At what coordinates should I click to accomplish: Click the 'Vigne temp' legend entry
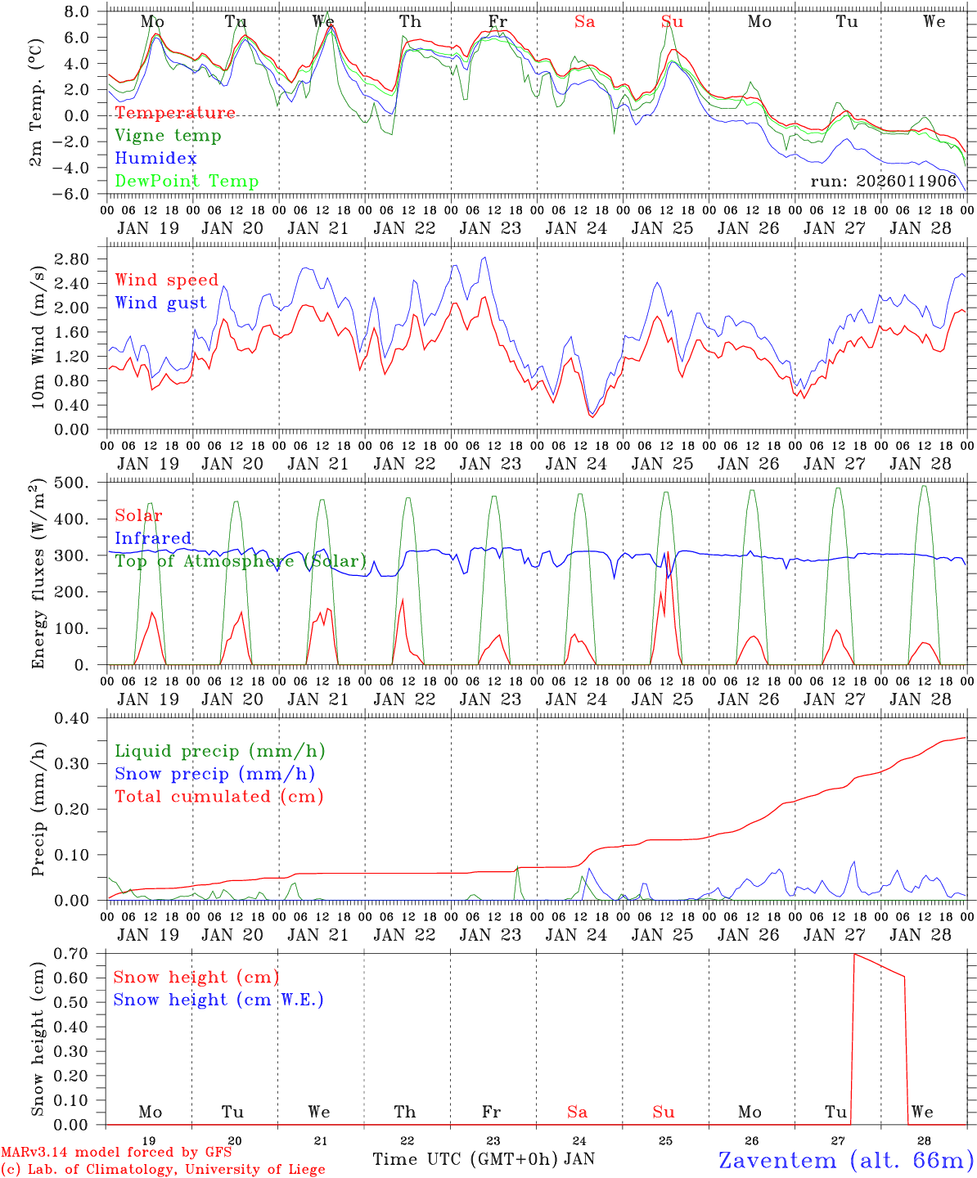pyautogui.click(x=168, y=136)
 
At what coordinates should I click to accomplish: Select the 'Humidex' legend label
pyautogui.click(x=155, y=159)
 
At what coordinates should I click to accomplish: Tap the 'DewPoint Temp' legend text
pyautogui.click(x=187, y=182)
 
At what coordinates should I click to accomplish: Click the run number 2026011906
pyautogui.click(x=883, y=182)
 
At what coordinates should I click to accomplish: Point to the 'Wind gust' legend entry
pyautogui.click(x=160, y=303)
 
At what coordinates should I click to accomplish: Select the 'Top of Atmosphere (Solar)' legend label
pyautogui.click(x=241, y=561)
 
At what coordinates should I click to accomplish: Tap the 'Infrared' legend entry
pyautogui.click(x=153, y=538)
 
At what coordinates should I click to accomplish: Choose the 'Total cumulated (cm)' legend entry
pyautogui.click(x=218, y=797)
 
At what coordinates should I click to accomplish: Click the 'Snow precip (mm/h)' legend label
pyautogui.click(x=214, y=774)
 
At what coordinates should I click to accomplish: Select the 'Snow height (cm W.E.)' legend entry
pyautogui.click(x=218, y=1000)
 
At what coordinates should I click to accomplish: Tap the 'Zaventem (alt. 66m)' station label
pyautogui.click(x=845, y=1160)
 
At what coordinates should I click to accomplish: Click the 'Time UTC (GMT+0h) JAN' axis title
pyautogui.click(x=483, y=1159)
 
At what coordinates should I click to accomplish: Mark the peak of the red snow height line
pyautogui.click(x=854, y=954)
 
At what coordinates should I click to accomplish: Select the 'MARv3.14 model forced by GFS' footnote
pyautogui.click(x=116, y=1152)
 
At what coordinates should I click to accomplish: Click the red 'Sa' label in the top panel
pyautogui.click(x=584, y=22)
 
